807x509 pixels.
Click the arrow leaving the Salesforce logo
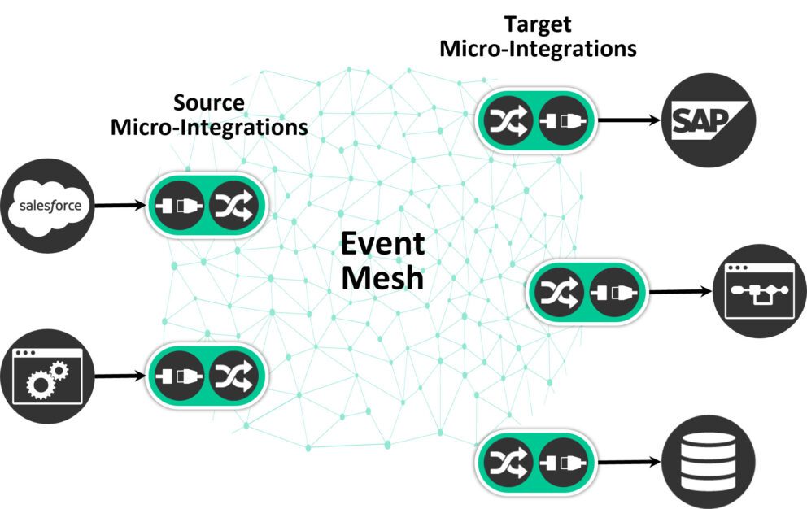pyautogui.click(x=120, y=206)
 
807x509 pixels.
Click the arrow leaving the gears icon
pyautogui.click(x=120, y=376)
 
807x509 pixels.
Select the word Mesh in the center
pyautogui.click(x=382, y=278)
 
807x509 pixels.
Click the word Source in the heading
pyautogui.click(x=209, y=103)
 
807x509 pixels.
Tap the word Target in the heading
pyautogui.click(x=538, y=24)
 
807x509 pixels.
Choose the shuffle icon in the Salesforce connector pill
pyautogui.click(x=233, y=206)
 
